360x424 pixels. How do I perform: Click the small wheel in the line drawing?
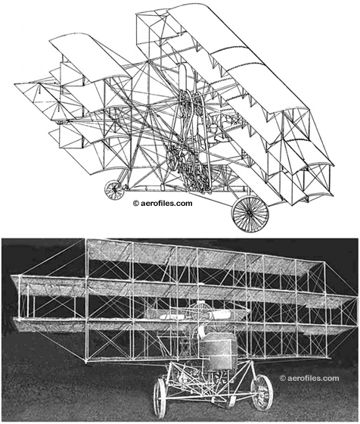click(x=114, y=190)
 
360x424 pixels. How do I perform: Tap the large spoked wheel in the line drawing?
click(x=250, y=214)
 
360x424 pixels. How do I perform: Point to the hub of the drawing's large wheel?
click(x=250, y=214)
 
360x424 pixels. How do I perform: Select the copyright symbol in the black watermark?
click(x=136, y=204)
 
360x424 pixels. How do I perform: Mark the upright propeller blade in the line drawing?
click(x=182, y=79)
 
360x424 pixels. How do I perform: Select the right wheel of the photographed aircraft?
click(x=262, y=392)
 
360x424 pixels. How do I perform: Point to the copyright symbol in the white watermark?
click(x=283, y=378)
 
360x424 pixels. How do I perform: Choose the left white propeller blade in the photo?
click(x=173, y=316)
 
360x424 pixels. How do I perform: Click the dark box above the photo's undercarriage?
click(x=218, y=351)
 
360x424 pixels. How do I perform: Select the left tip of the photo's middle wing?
click(x=11, y=276)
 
